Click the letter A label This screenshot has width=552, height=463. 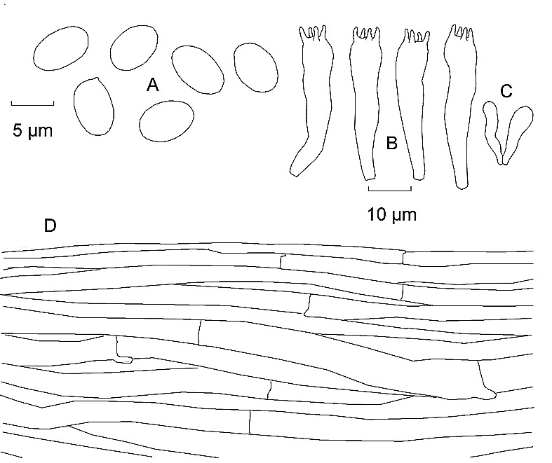152,85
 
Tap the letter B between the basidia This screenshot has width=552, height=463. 392,143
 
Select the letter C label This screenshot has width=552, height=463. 506,91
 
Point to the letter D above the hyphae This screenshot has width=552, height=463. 50,226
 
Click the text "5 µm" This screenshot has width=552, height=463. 33,130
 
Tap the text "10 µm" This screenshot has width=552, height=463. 392,214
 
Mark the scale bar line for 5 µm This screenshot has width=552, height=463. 32,103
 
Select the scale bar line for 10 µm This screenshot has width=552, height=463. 390,189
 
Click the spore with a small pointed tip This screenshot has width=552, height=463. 94,106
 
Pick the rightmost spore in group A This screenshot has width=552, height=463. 256,67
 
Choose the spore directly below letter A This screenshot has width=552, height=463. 166,121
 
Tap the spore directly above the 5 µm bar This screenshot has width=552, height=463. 60,48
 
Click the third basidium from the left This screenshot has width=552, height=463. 412,104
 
